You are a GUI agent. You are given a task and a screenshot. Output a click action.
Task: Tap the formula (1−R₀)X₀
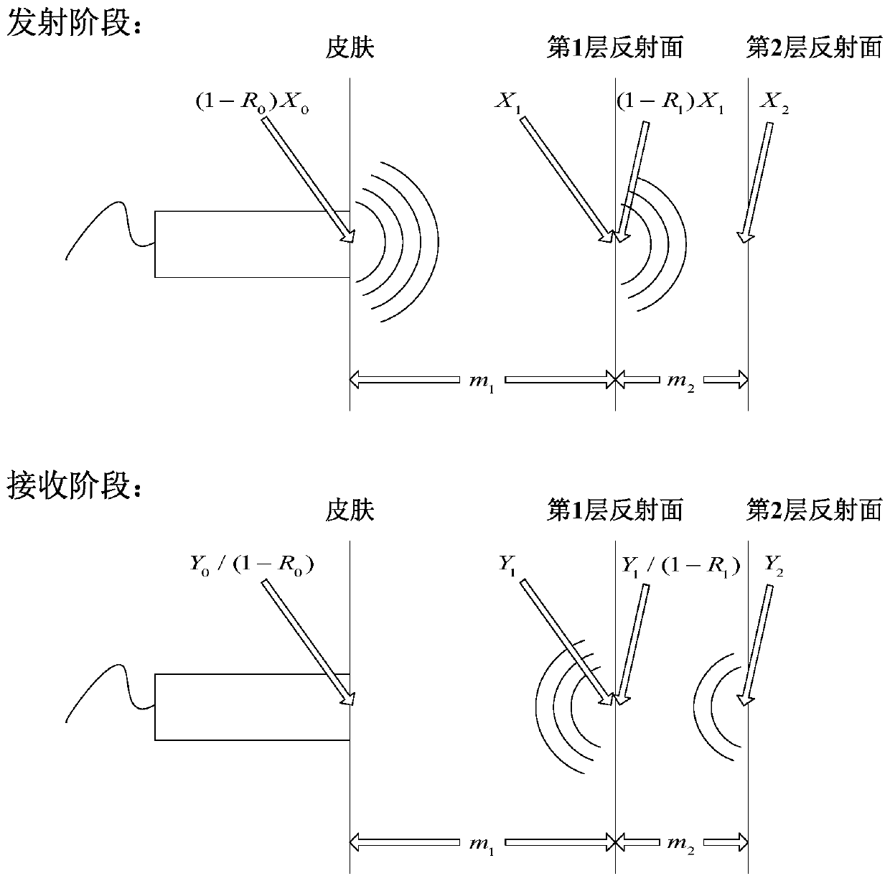point(253,103)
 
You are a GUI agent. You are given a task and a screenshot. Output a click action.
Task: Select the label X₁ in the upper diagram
point(507,102)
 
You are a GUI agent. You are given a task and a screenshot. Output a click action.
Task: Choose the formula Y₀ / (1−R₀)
point(252,564)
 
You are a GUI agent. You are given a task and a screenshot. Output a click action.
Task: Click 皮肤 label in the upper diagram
point(350,48)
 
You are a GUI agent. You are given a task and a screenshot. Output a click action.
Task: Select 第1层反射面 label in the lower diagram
point(614,511)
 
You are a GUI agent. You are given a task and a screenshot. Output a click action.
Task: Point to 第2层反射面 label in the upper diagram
point(814,48)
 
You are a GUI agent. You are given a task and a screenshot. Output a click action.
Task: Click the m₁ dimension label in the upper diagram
point(482,381)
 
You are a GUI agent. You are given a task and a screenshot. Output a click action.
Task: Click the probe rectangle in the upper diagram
point(251,244)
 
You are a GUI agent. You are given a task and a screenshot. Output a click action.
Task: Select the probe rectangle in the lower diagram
point(251,707)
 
